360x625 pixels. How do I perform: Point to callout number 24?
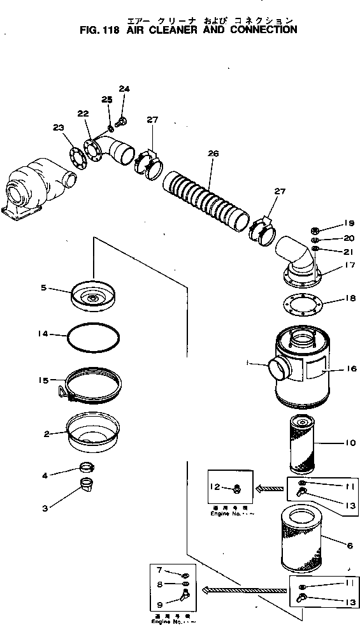click(x=124, y=89)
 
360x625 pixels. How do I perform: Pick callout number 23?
click(x=59, y=127)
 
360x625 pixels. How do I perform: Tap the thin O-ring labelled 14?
click(x=93, y=338)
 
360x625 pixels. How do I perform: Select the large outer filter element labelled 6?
click(x=305, y=535)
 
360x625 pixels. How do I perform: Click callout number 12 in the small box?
click(x=216, y=487)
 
